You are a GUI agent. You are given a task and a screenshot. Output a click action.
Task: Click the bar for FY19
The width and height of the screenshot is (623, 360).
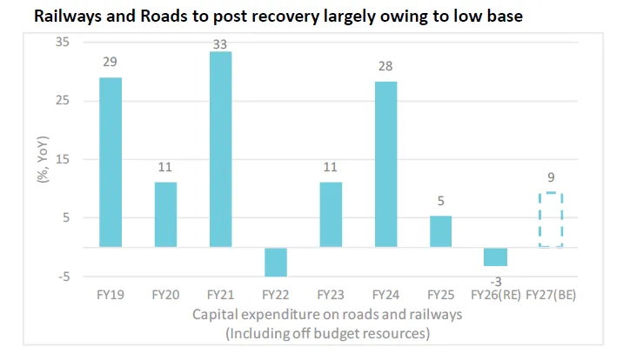tap(111, 162)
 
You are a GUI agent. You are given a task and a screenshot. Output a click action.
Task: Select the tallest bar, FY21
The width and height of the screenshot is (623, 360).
tap(220, 150)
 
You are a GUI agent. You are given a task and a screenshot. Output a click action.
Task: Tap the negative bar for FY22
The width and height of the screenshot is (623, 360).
tap(276, 262)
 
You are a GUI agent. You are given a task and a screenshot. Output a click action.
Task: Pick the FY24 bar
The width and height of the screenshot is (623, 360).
tap(385, 164)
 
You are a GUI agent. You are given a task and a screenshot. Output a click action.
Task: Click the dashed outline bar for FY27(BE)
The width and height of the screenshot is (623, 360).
tap(551, 220)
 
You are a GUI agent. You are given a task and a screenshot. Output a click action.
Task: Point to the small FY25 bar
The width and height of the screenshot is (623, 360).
tap(440, 231)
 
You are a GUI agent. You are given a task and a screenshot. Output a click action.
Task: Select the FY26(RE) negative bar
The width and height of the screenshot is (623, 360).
tap(495, 257)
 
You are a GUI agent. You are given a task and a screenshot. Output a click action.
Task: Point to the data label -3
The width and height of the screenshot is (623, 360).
tap(496, 280)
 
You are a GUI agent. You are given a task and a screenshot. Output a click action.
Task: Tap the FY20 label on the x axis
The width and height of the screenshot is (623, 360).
tap(166, 295)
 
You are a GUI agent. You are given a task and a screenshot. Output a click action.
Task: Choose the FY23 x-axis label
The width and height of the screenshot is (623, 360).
tap(331, 295)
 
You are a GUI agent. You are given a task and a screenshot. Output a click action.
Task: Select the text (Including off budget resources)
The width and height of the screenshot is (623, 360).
tap(327, 333)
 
